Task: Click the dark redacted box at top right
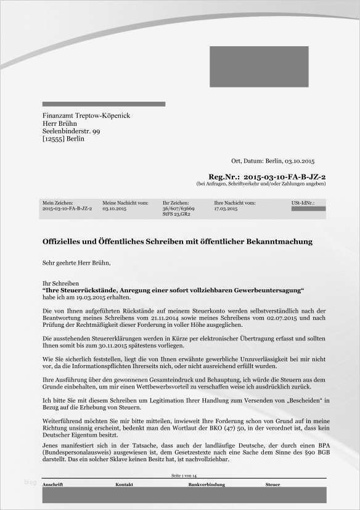tap(259, 65)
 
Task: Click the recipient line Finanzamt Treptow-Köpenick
tap(86, 116)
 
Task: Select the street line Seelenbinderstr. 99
tap(71, 131)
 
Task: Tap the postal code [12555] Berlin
tap(63, 139)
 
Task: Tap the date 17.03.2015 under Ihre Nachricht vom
tap(226, 209)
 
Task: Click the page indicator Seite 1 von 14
tap(184, 477)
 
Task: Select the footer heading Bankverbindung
tap(206, 485)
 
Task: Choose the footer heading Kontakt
tap(124, 485)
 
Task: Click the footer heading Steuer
tap(272, 485)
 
